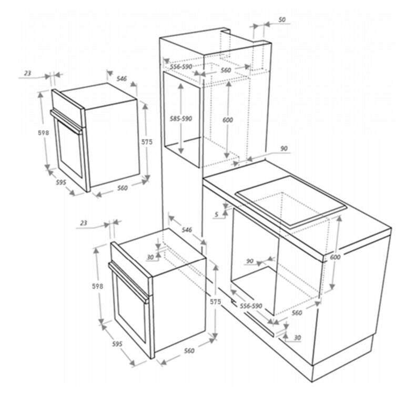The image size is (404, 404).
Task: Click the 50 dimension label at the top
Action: coord(282,19)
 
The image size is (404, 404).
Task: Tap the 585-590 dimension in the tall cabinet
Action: coord(181,119)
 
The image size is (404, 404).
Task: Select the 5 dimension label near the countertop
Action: coord(217,215)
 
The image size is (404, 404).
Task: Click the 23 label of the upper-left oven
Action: coord(27,74)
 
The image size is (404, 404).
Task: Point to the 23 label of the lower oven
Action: coord(84,223)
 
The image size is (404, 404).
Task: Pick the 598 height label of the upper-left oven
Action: coord(43,133)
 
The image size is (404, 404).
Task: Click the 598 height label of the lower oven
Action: coord(98,286)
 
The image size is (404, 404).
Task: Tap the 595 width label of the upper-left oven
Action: coord(61,183)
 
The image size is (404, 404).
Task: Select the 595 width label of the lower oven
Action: coord(117,344)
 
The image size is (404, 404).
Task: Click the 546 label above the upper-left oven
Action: coord(122,78)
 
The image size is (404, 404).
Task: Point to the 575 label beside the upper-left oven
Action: coord(147,142)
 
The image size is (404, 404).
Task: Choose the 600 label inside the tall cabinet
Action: coord(228,120)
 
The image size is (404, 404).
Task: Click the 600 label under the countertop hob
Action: coord(335,257)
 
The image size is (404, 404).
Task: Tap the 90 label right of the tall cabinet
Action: coord(284,149)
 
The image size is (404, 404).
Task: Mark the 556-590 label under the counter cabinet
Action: coord(251,306)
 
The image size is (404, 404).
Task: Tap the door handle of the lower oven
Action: coord(128,282)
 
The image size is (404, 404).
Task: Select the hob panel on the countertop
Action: coord(291,203)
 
